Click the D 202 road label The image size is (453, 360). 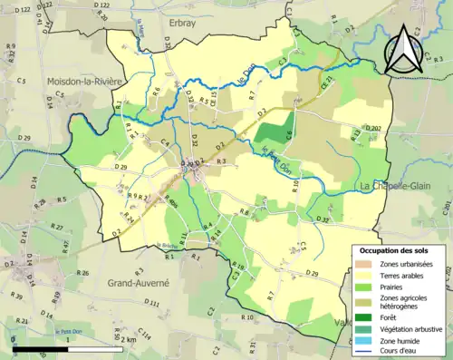373,128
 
